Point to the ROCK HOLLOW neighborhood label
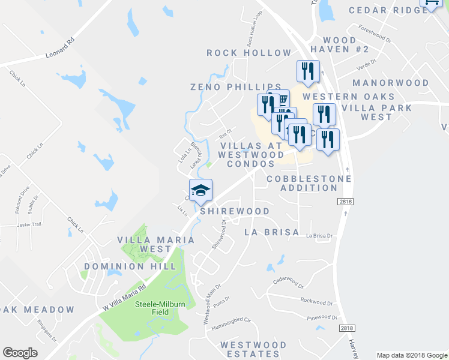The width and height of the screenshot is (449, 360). pos(249,53)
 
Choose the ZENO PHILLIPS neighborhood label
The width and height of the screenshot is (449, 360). pos(236,87)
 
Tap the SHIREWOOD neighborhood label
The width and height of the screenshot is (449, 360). pos(235,211)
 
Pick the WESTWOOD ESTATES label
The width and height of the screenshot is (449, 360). pos(253,349)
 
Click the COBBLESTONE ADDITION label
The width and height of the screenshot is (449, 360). pos(302,183)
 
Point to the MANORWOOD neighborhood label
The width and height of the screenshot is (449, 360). pos(391,83)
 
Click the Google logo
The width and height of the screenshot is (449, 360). pos(20,353)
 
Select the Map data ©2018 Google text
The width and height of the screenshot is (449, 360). pos(411,355)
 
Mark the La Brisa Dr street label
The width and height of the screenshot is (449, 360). pos(319,236)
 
